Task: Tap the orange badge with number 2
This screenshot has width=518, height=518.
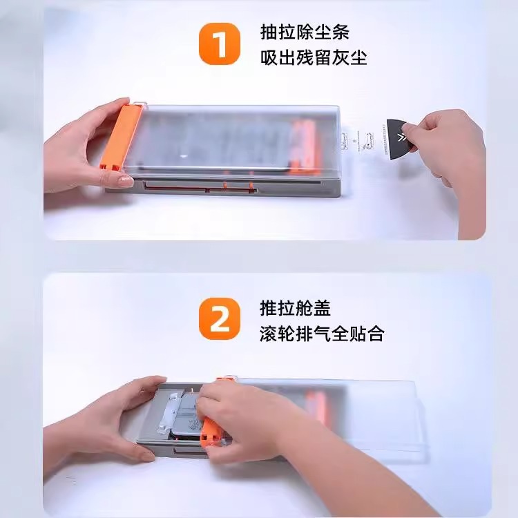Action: click(x=220, y=319)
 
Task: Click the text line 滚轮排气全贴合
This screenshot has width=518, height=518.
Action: click(x=322, y=333)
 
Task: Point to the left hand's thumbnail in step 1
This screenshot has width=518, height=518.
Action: click(x=125, y=182)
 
